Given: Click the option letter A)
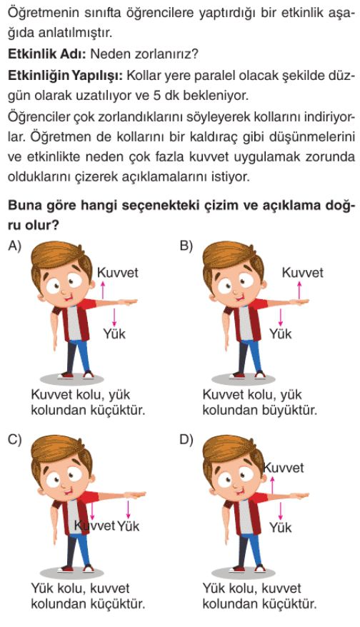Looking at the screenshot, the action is coord(14,246).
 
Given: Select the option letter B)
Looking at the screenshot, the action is coord(186,246).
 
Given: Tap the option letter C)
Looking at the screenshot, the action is coord(14,439).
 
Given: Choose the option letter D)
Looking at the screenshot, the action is coord(187,439).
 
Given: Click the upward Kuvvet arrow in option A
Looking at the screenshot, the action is coord(102,289).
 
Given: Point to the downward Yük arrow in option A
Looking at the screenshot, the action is coord(114,318).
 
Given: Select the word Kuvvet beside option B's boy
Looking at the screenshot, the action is coord(302,273).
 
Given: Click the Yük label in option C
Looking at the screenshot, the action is coord(129,526).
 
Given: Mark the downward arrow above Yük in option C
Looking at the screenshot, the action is coord(129,508).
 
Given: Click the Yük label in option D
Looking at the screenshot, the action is coord(281,527).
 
